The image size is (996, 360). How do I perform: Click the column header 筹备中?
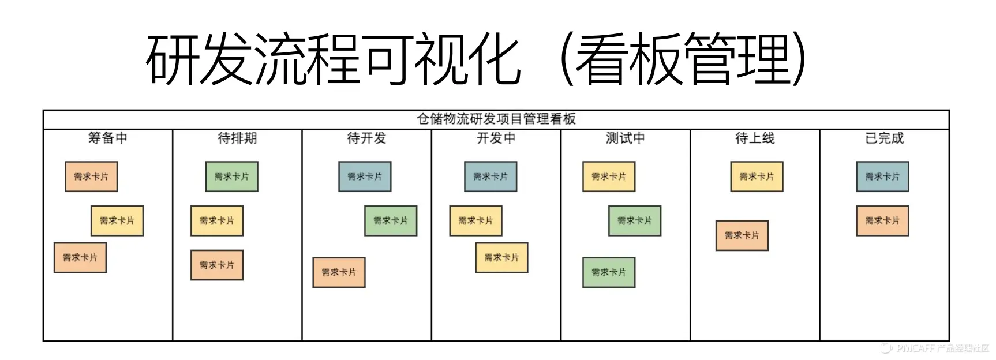tap(108, 138)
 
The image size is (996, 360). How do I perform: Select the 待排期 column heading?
tap(237, 138)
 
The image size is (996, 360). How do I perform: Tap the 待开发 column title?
tap(366, 138)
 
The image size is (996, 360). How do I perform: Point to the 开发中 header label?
tap(496, 138)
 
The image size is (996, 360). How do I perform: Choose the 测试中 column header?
tap(625, 138)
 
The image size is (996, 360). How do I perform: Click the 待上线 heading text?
tap(755, 138)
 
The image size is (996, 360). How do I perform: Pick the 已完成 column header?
tap(884, 138)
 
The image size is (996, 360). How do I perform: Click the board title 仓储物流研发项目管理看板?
tap(496, 119)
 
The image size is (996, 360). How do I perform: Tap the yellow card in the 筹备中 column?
tap(117, 220)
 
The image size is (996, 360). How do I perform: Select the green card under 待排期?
tap(231, 177)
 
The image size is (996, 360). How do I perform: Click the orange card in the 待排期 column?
tap(217, 265)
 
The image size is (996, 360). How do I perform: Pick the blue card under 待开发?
tap(365, 177)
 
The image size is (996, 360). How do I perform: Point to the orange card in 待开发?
tap(339, 272)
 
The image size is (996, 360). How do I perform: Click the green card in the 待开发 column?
tap(391, 220)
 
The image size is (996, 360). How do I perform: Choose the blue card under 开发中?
tap(490, 177)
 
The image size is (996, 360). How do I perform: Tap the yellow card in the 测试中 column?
tap(609, 177)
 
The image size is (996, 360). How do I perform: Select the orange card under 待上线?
tap(742, 235)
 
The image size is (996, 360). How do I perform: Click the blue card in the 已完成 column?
tap(882, 177)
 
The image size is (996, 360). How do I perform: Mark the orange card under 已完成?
tap(882, 220)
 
